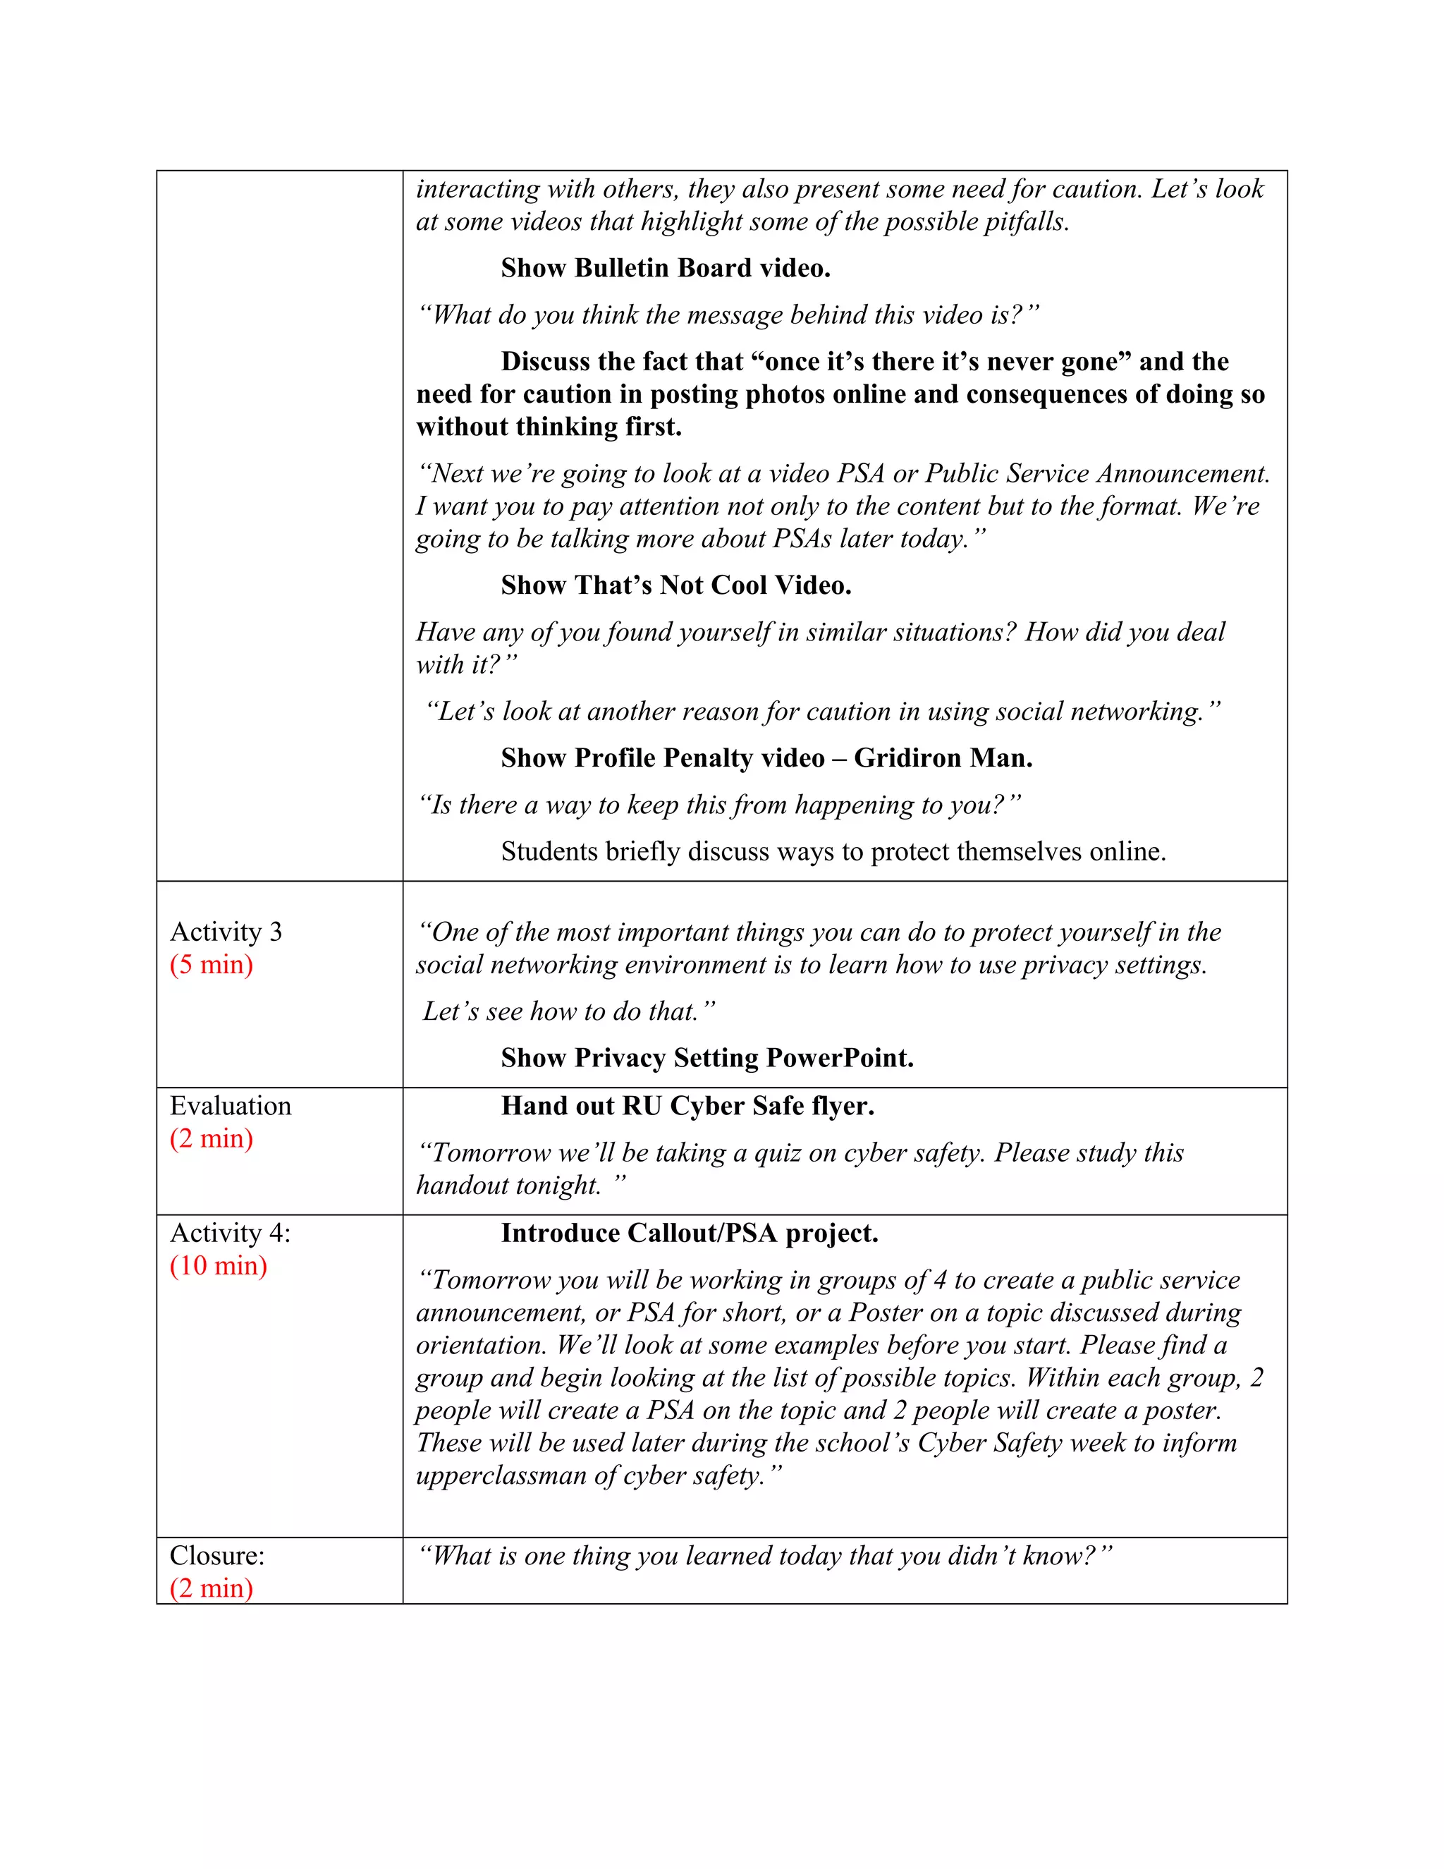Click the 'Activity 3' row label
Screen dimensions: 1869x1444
tap(226, 931)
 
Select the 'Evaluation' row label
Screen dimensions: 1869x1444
tap(230, 1106)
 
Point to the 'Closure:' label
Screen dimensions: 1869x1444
tap(217, 1555)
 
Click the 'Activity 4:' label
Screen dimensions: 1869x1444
tap(230, 1232)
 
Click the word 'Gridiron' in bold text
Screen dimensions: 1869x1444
tap(910, 757)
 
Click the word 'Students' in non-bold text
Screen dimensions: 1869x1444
tap(549, 851)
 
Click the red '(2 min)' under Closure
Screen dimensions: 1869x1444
tap(212, 1588)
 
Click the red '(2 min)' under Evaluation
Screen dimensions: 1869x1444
tap(212, 1138)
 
